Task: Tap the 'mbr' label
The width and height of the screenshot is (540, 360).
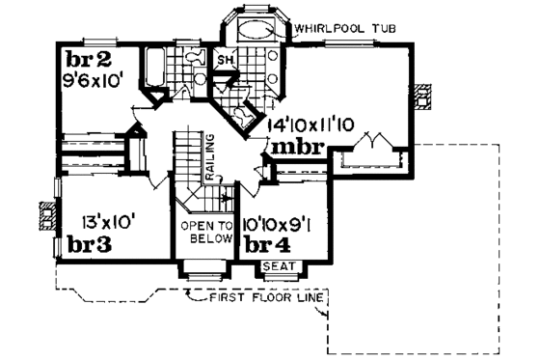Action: [x=296, y=150]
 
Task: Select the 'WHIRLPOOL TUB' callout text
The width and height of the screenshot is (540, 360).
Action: [x=338, y=27]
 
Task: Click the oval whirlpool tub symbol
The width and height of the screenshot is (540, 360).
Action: [x=257, y=29]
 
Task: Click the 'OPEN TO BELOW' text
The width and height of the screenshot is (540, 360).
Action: [x=206, y=233]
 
